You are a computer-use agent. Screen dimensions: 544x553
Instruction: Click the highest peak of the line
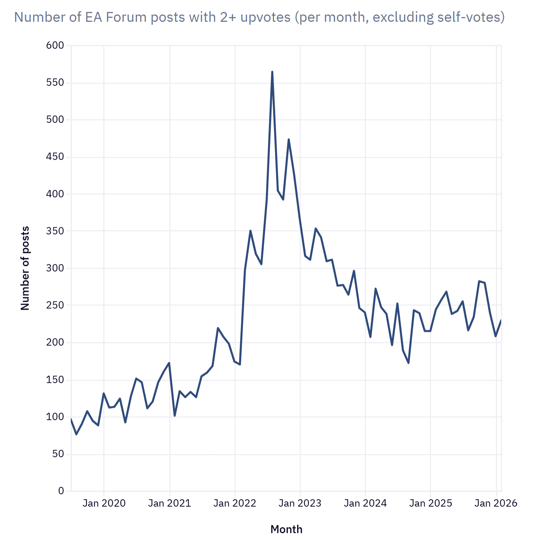(272, 72)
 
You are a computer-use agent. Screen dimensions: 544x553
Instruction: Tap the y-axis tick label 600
(55, 45)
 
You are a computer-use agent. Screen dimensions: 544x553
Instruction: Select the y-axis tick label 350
(55, 231)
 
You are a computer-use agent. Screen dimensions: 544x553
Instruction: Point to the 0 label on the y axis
(61, 491)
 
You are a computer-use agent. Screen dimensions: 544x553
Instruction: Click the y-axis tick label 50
(58, 454)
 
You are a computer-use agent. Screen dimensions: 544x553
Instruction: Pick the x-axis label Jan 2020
(104, 503)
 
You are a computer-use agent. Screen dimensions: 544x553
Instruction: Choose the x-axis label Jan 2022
(235, 503)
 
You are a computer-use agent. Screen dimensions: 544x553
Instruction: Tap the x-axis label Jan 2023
(300, 503)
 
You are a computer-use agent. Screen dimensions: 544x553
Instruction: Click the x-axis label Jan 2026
(496, 503)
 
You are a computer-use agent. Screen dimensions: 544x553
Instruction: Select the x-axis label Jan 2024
(365, 503)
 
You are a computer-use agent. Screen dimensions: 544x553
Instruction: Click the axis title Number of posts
(25, 268)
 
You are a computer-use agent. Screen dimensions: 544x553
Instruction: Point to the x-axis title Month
(286, 529)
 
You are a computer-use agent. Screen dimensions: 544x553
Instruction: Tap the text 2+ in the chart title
(228, 17)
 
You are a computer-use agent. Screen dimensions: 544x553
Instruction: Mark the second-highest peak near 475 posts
(288, 139)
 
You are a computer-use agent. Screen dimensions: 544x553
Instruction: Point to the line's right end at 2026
(501, 320)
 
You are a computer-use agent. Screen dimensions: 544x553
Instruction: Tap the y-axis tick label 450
(55, 157)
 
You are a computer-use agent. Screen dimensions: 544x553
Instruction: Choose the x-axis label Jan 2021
(169, 503)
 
